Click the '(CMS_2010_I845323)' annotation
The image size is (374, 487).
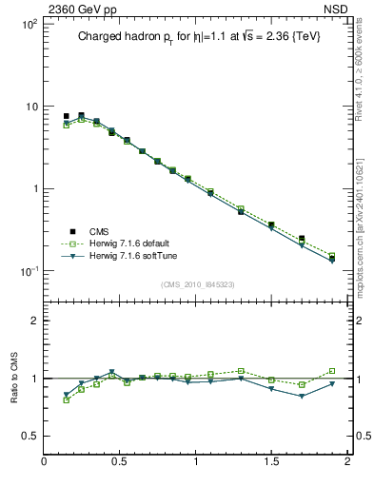pos(197,284)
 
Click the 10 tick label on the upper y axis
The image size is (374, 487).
pos(30,107)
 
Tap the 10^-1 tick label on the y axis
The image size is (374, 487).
pos(29,271)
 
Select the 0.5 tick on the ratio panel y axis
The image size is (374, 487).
pos(29,436)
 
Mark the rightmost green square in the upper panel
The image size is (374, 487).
pos(331,256)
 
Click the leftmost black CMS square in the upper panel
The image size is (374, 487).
pos(66,116)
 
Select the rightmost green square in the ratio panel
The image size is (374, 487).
pos(331,371)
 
